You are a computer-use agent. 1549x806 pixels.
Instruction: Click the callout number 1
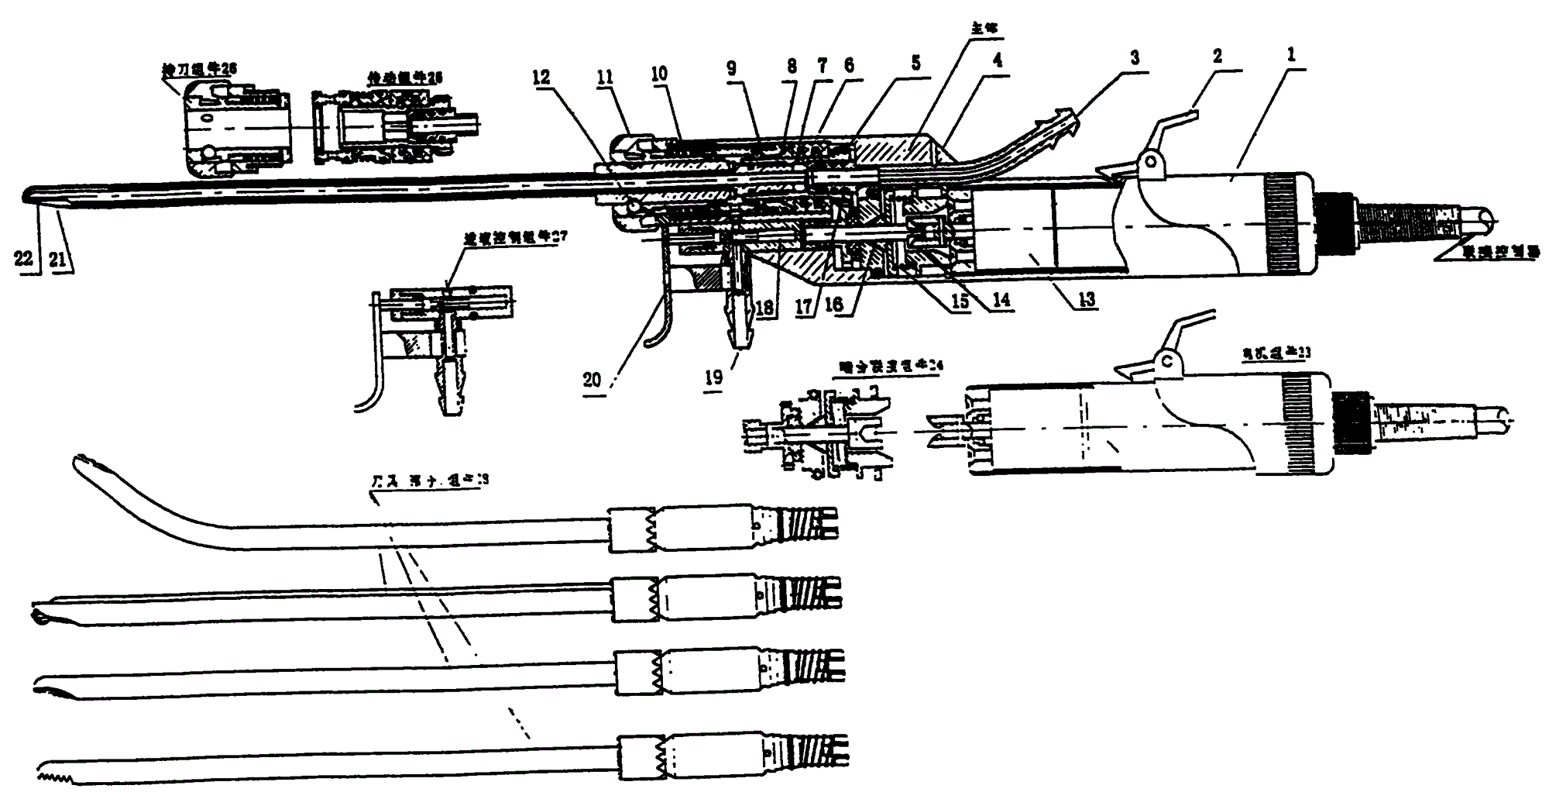click(x=1290, y=57)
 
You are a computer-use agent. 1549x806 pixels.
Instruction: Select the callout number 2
click(x=1218, y=56)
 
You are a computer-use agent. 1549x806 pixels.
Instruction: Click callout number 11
click(x=605, y=77)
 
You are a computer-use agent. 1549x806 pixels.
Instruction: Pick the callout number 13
click(x=1087, y=300)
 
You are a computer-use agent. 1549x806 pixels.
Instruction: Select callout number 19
click(x=713, y=377)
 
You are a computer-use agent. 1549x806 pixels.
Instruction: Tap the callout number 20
click(x=592, y=379)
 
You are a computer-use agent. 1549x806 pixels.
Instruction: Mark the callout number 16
click(x=833, y=304)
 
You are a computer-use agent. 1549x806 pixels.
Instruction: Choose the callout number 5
click(x=915, y=62)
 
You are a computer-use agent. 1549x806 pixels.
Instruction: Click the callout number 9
click(x=731, y=68)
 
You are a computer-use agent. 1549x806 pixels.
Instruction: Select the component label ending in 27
click(x=516, y=236)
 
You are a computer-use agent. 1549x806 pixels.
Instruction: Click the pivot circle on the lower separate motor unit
click(x=1166, y=360)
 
